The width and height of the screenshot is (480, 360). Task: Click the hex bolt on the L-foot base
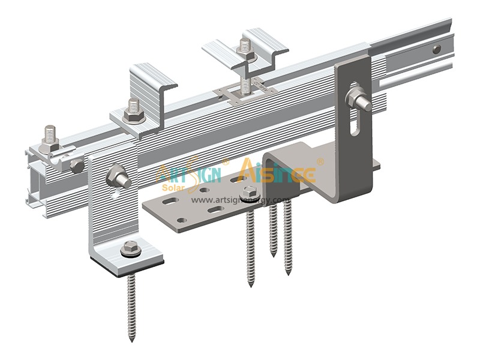coord(130,247)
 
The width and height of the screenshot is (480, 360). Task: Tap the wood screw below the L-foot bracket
coord(131,306)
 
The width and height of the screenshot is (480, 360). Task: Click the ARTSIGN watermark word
coord(189,173)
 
